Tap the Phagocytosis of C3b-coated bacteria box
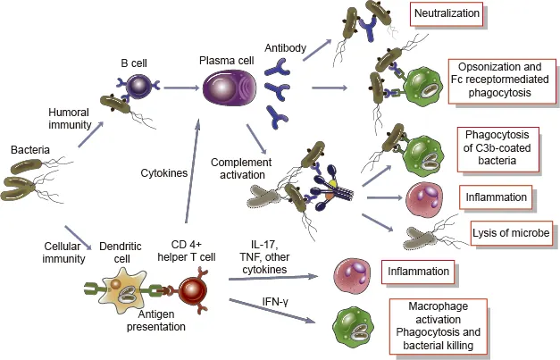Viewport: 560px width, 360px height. pos(501,148)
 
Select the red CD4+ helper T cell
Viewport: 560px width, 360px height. pos(195,290)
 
